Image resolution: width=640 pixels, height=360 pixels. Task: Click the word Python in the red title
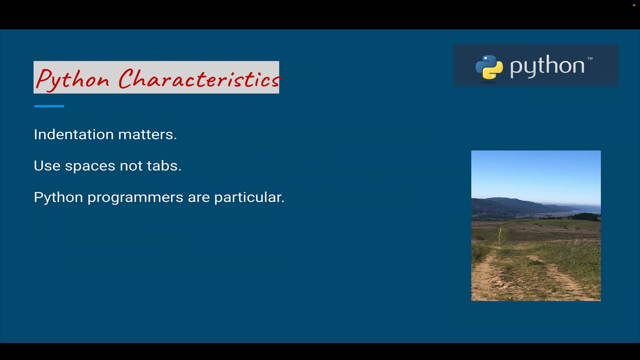tap(73, 79)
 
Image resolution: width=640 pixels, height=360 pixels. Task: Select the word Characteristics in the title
tap(199, 79)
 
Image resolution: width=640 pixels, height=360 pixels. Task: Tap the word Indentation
tap(74, 134)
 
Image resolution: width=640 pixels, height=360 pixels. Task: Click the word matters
tap(147, 134)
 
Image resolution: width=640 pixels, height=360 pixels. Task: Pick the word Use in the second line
tap(47, 166)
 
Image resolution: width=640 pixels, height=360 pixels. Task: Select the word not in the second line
tap(131, 166)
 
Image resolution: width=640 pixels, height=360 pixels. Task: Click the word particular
tap(249, 197)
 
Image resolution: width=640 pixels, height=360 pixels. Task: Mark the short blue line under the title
tap(49, 106)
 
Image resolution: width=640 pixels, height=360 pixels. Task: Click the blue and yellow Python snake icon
tap(489, 67)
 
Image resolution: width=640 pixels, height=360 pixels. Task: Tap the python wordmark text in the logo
tap(547, 66)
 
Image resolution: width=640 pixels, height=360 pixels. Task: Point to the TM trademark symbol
tap(590, 58)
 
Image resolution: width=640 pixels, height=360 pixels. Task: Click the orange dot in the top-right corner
tap(634, 5)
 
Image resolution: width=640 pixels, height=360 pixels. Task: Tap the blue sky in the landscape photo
tap(536, 173)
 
